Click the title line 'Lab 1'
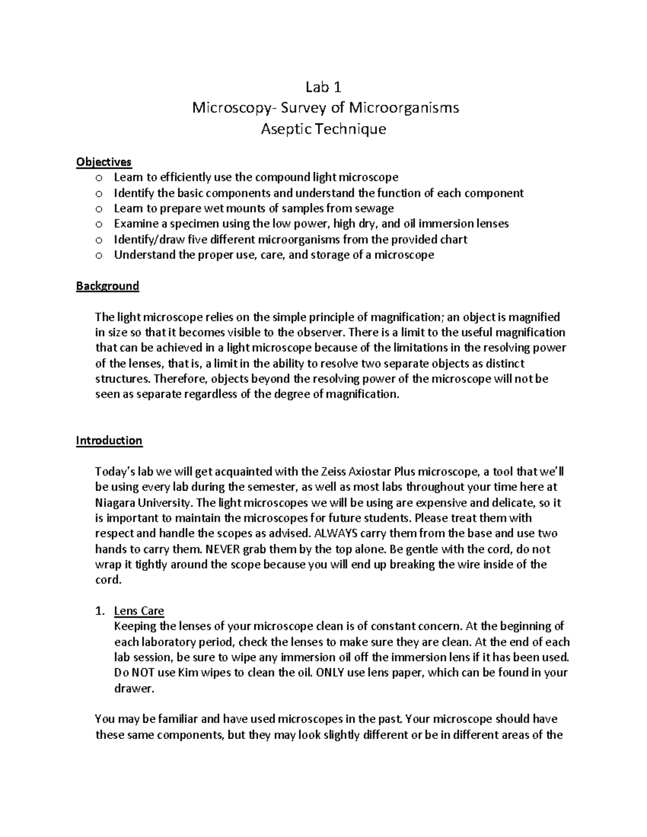click(x=323, y=87)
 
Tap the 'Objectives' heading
click(x=104, y=162)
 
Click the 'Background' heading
click(x=107, y=286)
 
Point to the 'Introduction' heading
click(x=109, y=440)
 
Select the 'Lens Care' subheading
click(x=139, y=611)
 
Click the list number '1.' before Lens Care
click(x=99, y=611)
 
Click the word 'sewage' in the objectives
click(x=375, y=208)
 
